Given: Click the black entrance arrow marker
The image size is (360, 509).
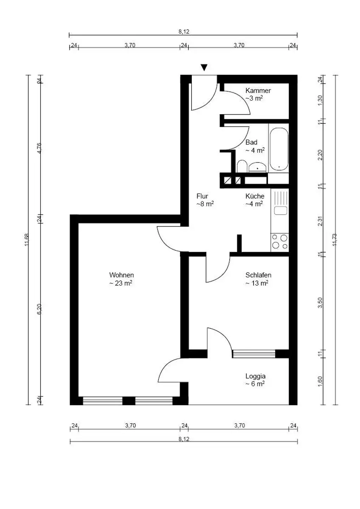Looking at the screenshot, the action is pos(204,67).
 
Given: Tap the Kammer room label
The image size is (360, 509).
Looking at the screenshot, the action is pos(258,91).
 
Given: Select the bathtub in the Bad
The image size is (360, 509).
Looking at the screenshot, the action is pos(279,149).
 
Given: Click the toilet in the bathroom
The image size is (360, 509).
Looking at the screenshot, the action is pos(242,166).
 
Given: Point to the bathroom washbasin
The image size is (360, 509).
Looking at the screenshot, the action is pos(257,167).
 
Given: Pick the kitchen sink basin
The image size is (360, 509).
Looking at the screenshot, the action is pos(280,210).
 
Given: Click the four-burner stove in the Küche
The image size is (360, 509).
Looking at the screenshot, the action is pos(280,242).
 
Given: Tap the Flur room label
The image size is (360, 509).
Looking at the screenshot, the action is pos(202,196).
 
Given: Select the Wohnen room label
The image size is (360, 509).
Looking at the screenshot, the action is pos(121,275).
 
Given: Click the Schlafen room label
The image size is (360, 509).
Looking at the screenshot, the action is pos(259,275).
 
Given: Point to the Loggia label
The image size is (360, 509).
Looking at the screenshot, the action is pos(256,376).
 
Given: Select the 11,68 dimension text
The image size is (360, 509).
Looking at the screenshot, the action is pos(27,240).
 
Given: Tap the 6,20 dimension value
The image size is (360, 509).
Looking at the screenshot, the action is pos(39,309).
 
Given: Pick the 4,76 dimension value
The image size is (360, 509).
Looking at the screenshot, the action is pos(39,148).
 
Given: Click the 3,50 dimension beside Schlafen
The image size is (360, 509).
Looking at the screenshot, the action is pos(320,302).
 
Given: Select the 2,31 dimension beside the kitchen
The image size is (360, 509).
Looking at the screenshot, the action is pos(320,221).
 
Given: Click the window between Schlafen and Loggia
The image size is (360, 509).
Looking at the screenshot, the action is pos(254,354).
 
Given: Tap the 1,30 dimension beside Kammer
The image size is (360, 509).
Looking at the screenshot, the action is pos(320,100).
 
